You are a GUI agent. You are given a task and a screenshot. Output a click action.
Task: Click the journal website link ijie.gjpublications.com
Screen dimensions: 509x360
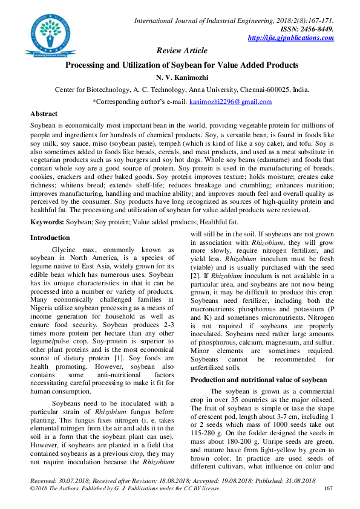point(291,38)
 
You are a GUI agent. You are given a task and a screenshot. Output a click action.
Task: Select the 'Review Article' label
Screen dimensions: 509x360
point(182,51)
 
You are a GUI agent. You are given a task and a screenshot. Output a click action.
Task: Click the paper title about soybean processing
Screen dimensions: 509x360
point(182,64)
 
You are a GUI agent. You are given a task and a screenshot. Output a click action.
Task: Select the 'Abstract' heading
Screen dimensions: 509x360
point(44,114)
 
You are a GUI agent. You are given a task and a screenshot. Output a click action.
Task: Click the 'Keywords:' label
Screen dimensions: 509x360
point(47,222)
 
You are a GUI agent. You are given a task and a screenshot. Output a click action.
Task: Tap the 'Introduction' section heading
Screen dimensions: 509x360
point(50,238)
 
